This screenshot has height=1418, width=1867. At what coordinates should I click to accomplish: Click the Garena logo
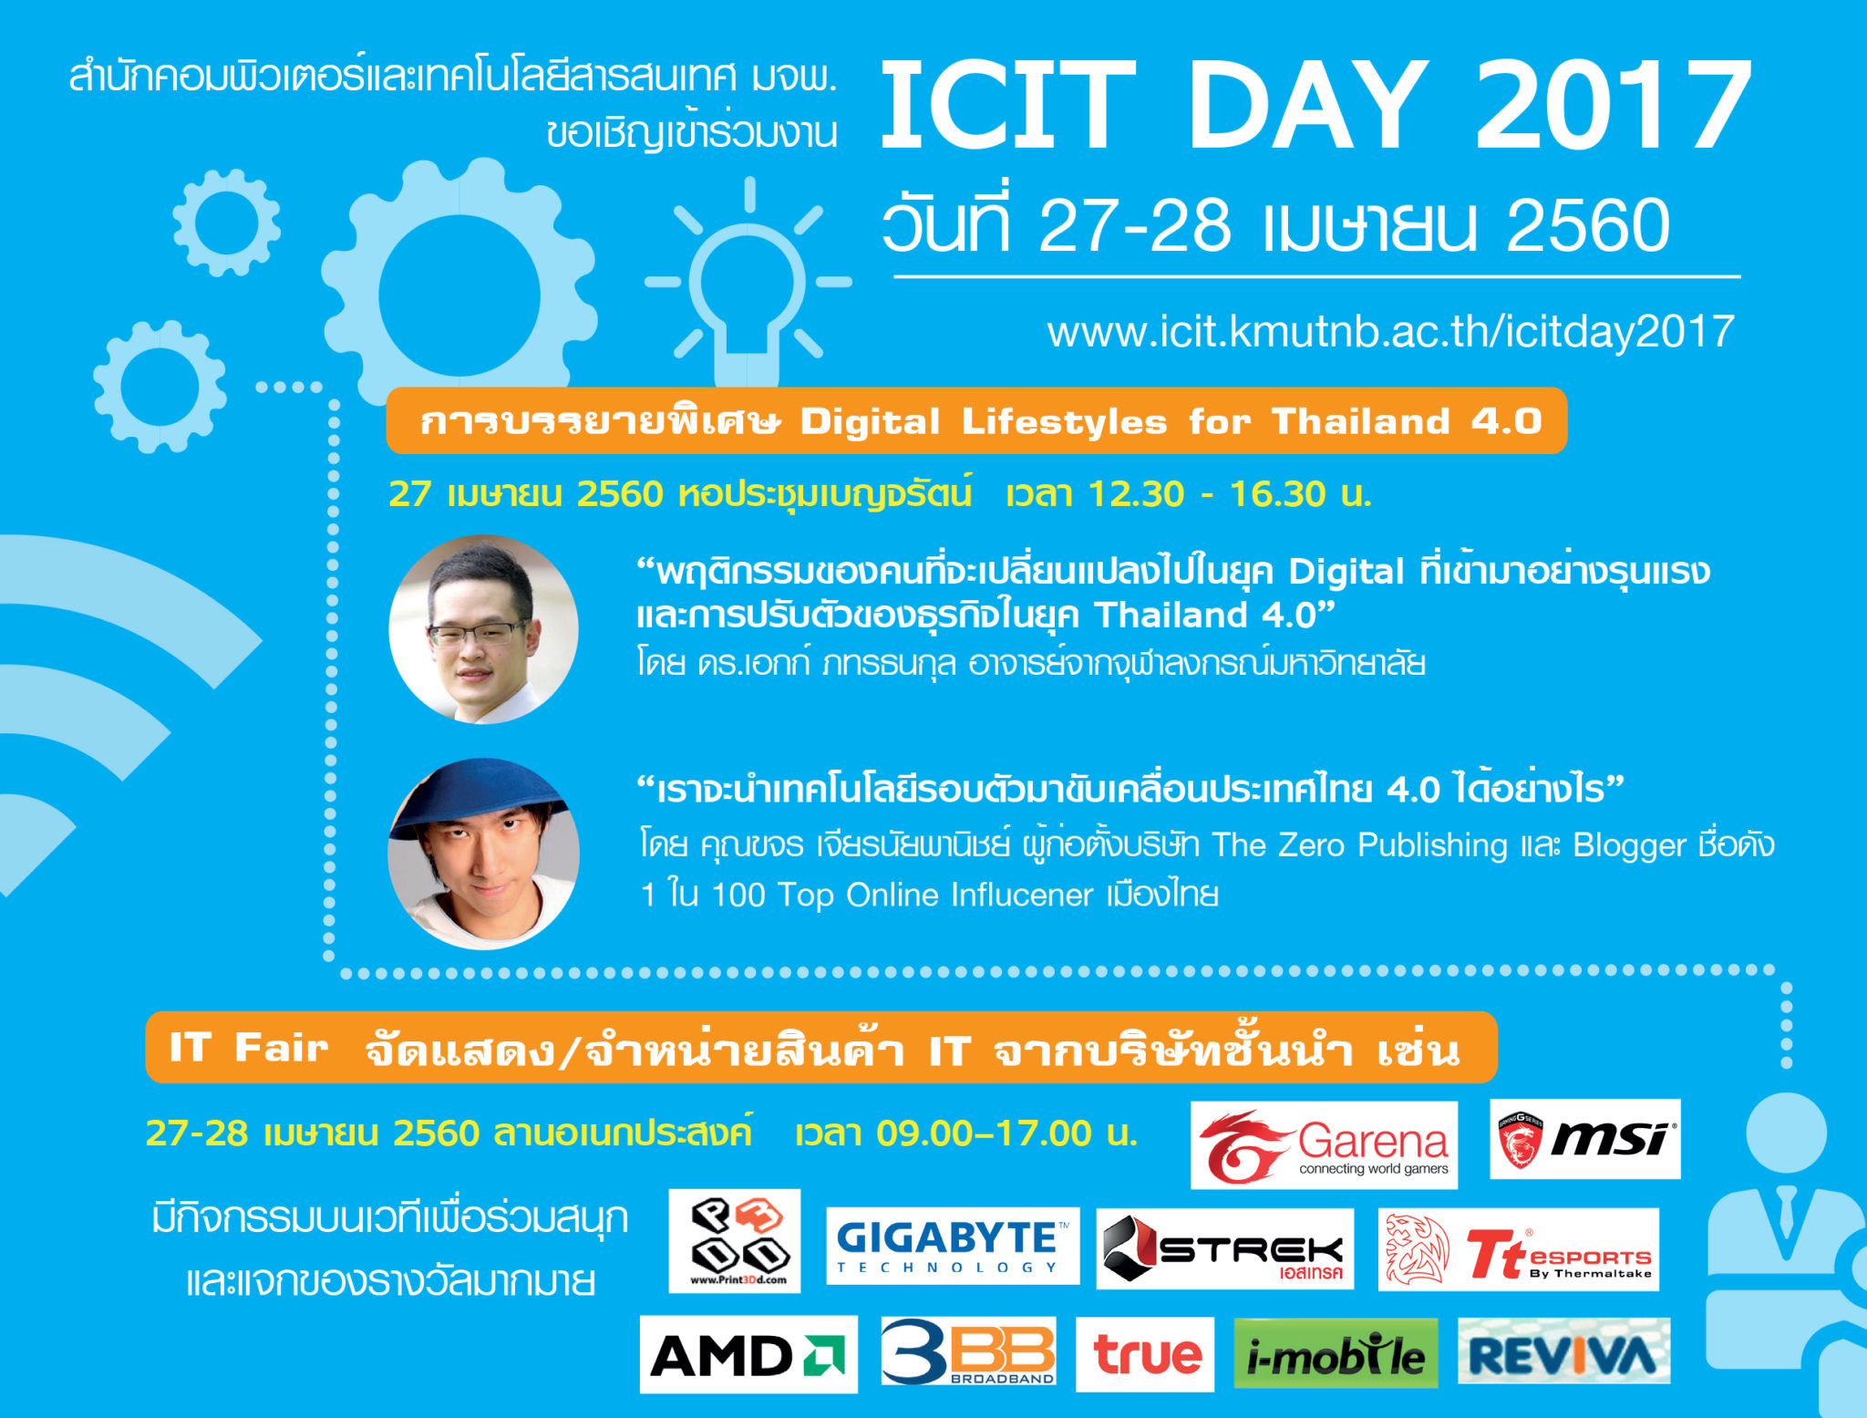1324,1144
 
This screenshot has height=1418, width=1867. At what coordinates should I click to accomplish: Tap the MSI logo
1584,1139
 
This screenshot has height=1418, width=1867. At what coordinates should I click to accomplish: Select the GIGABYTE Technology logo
953,1246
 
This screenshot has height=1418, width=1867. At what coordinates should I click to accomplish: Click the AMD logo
748,1354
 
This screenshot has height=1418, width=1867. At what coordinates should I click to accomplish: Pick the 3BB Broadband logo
968,1351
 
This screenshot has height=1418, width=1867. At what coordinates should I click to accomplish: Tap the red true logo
1145,1354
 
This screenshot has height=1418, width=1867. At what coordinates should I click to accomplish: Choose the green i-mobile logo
1336,1353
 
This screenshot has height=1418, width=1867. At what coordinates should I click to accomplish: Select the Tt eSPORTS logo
1518,1249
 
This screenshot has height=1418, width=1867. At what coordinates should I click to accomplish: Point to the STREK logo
1224,1248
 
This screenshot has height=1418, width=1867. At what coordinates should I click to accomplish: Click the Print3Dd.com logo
735,1240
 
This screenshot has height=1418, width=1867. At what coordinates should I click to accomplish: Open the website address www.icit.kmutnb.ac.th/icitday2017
1390,331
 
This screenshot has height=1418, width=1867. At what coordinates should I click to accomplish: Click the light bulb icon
748,283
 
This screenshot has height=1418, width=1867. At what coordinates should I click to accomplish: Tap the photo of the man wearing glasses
483,629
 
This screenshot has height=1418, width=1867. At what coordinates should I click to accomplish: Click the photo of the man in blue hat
483,854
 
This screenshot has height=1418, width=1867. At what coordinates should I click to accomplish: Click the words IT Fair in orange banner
249,1047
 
